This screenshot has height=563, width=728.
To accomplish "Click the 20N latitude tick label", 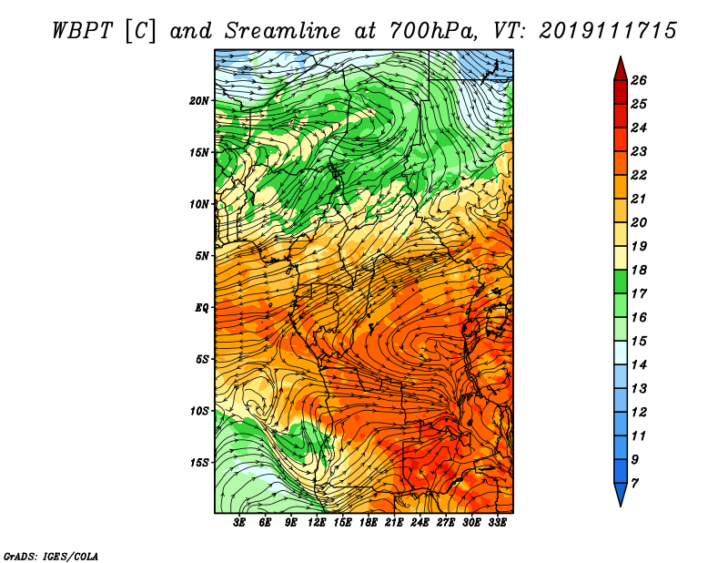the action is click(x=198, y=101).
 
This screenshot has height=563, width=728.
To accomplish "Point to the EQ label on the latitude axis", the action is click(x=201, y=308).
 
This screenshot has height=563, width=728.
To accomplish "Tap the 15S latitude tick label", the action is click(x=199, y=463).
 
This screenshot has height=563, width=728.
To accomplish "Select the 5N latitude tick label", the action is click(x=202, y=256).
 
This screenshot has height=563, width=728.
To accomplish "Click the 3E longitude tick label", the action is click(x=238, y=523).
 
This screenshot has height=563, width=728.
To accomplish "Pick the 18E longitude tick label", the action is click(x=368, y=523).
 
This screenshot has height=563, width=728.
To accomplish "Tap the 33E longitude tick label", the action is click(x=497, y=523).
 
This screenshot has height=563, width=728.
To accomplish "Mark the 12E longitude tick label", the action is click(x=316, y=523).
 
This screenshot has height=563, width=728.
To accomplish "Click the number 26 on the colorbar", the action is click(x=639, y=80).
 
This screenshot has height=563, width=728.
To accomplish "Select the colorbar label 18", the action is click(x=639, y=270).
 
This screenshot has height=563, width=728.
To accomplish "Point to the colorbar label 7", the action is click(x=634, y=484).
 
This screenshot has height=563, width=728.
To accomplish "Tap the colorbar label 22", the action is click(x=639, y=175).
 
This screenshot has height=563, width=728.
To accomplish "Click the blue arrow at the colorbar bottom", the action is click(x=621, y=493).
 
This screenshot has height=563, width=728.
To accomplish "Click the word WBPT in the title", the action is click(x=82, y=31).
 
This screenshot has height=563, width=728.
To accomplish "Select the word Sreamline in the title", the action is click(x=283, y=31).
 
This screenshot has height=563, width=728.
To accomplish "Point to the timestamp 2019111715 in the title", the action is click(x=608, y=31).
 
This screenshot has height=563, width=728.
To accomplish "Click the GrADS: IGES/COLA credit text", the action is click(x=51, y=557).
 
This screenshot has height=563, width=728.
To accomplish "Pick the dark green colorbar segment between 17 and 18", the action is click(x=621, y=281).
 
